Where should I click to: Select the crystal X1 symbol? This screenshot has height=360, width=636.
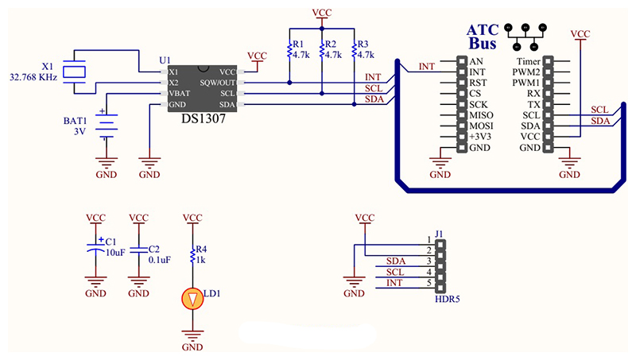point(76,71)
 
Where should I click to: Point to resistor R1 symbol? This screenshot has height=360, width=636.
point(289,52)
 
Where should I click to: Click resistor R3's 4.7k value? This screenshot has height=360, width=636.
point(366,55)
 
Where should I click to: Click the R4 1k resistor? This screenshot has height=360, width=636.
point(192,254)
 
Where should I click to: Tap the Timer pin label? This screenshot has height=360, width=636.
point(528,60)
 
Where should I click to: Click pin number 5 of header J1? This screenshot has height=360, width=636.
point(429,284)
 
